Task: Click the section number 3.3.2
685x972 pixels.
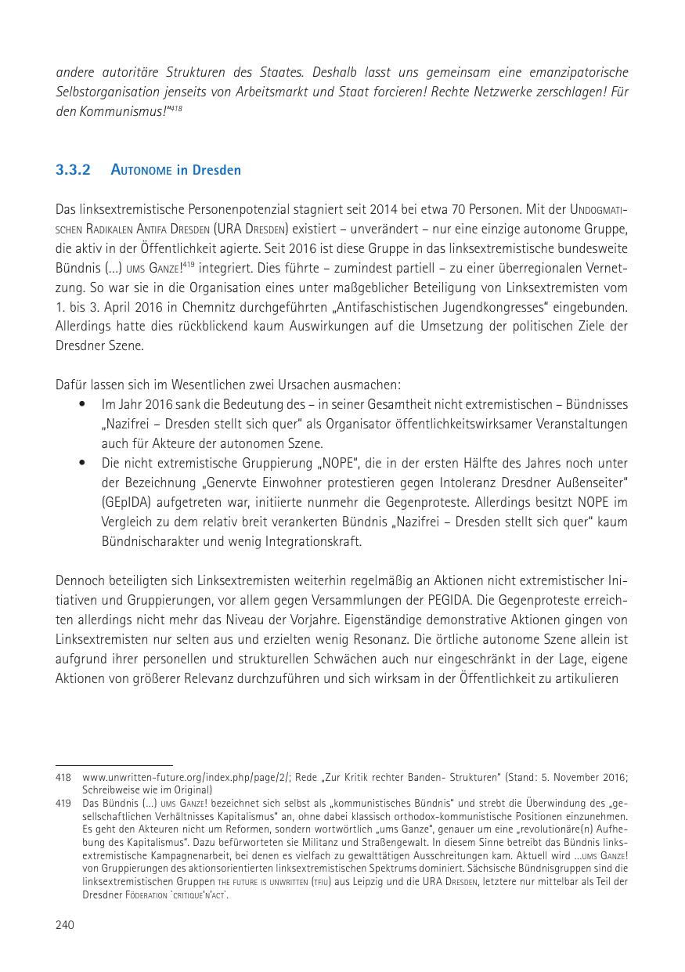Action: pyautogui.click(x=73, y=170)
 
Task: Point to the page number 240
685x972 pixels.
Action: pyautogui.click(x=64, y=925)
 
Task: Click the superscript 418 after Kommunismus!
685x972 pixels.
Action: pyautogui.click(x=176, y=108)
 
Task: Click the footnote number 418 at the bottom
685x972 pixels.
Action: pyautogui.click(x=63, y=778)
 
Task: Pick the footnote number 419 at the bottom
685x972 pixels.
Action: pyautogui.click(x=63, y=804)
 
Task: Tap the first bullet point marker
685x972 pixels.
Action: pyautogui.click(x=83, y=404)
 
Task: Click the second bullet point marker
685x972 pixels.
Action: pyautogui.click(x=83, y=463)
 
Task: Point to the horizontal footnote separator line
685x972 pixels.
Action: pyautogui.click(x=114, y=765)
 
